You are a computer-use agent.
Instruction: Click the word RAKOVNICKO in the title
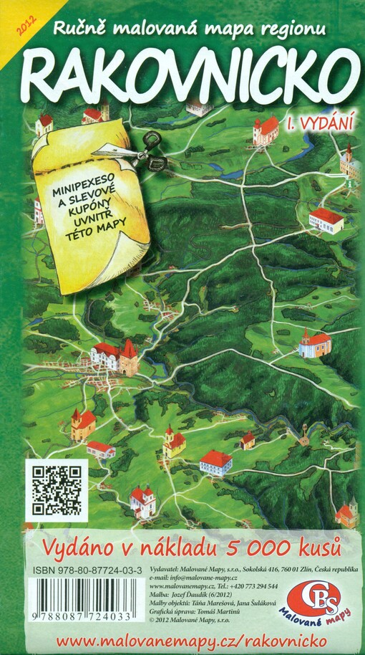pyautogui.click(x=189, y=70)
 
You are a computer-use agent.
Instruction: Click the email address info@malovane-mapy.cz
pyautogui.click(x=207, y=578)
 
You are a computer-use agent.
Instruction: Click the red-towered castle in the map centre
pyautogui.click(x=115, y=357)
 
